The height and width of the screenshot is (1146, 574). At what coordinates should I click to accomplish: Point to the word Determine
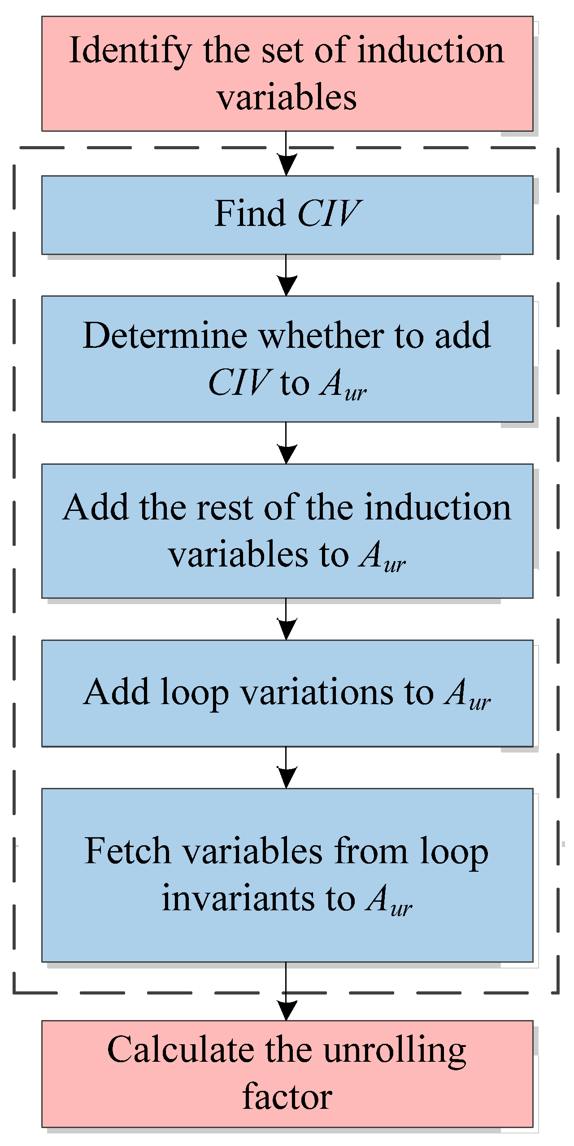point(165,336)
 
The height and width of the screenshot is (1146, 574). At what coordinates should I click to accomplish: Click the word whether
point(321,336)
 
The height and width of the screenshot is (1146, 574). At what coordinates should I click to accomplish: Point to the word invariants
point(238,898)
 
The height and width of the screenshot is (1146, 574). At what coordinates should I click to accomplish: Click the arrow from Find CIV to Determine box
point(287,276)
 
